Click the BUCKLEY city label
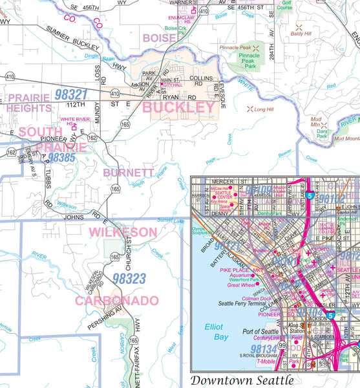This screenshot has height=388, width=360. coord(178,107)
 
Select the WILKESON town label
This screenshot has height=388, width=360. coord(123,232)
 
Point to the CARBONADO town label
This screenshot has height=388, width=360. coord(116,301)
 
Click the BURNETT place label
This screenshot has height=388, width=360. coord(128,173)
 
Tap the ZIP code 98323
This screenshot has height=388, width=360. coord(129,279)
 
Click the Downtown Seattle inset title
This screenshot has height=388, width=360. coord(242,380)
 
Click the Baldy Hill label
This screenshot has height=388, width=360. coord(301,32)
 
